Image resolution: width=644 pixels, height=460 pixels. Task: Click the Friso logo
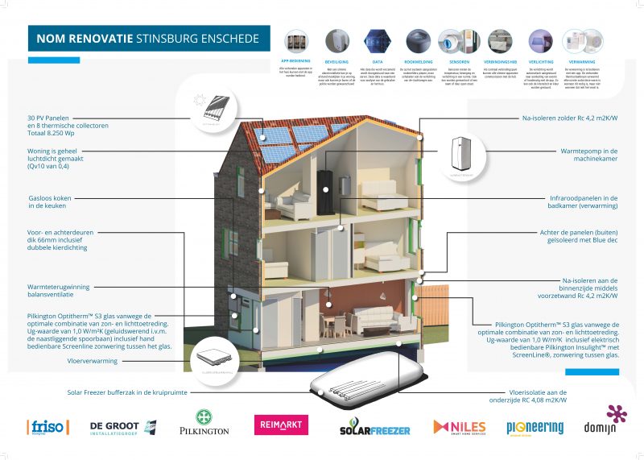48,427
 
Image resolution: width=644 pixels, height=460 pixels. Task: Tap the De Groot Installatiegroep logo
114,427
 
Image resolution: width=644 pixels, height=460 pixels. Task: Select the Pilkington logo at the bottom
204,424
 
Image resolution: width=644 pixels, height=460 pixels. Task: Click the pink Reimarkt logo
281,425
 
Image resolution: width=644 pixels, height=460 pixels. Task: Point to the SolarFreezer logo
374,427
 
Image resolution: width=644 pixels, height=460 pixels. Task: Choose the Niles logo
459,426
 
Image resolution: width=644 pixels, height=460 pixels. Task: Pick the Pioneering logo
535,427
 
